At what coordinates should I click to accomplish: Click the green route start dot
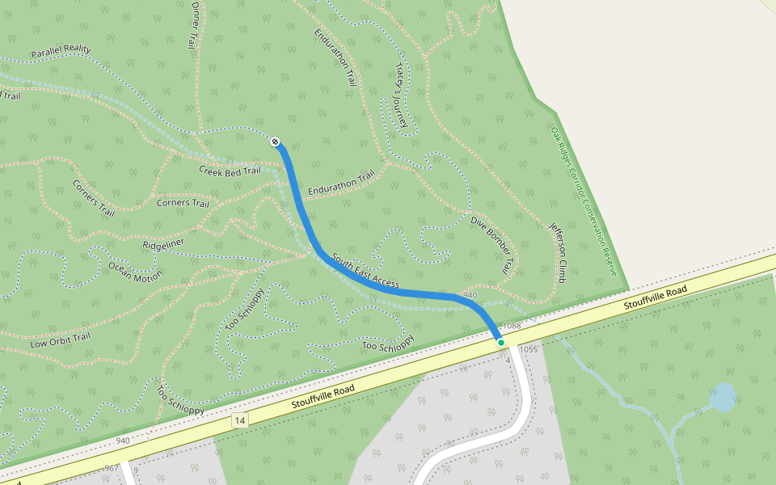click(x=501, y=343)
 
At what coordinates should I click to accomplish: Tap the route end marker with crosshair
click(x=276, y=142)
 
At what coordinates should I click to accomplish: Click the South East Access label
click(x=365, y=272)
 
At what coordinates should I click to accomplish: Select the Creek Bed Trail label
click(x=230, y=171)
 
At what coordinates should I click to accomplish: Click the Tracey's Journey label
click(x=399, y=95)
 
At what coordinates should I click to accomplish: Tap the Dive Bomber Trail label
click(x=491, y=243)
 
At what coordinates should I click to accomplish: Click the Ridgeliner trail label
click(x=163, y=243)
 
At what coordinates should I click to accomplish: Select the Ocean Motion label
click(x=135, y=271)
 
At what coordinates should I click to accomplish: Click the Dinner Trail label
click(x=194, y=25)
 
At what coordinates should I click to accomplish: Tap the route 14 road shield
click(x=239, y=420)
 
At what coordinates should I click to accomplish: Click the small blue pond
click(x=722, y=398)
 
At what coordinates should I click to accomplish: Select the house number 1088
click(x=512, y=326)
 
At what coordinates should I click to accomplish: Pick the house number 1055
click(x=529, y=349)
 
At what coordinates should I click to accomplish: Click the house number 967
click(x=112, y=468)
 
